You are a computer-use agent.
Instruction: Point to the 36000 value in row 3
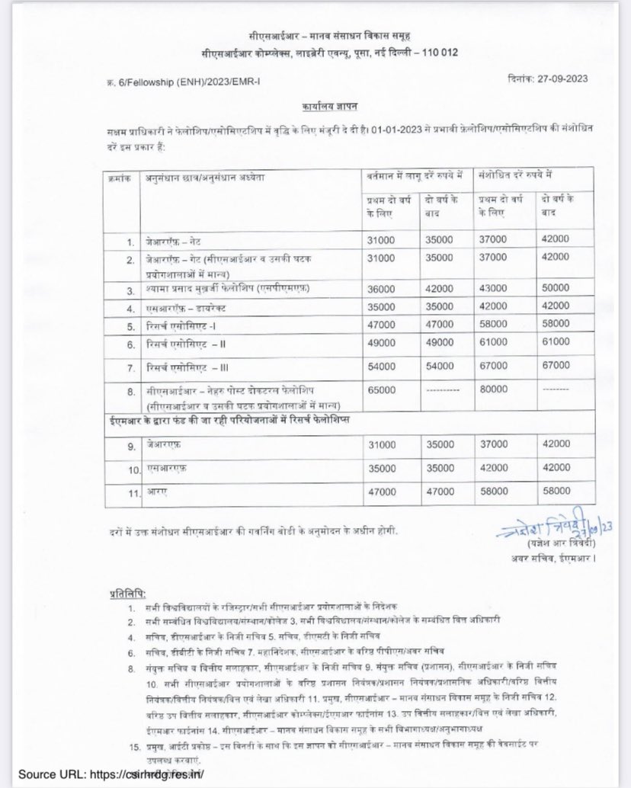(380, 287)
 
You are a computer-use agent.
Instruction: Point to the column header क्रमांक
(120, 177)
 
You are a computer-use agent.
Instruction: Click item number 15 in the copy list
(133, 743)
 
